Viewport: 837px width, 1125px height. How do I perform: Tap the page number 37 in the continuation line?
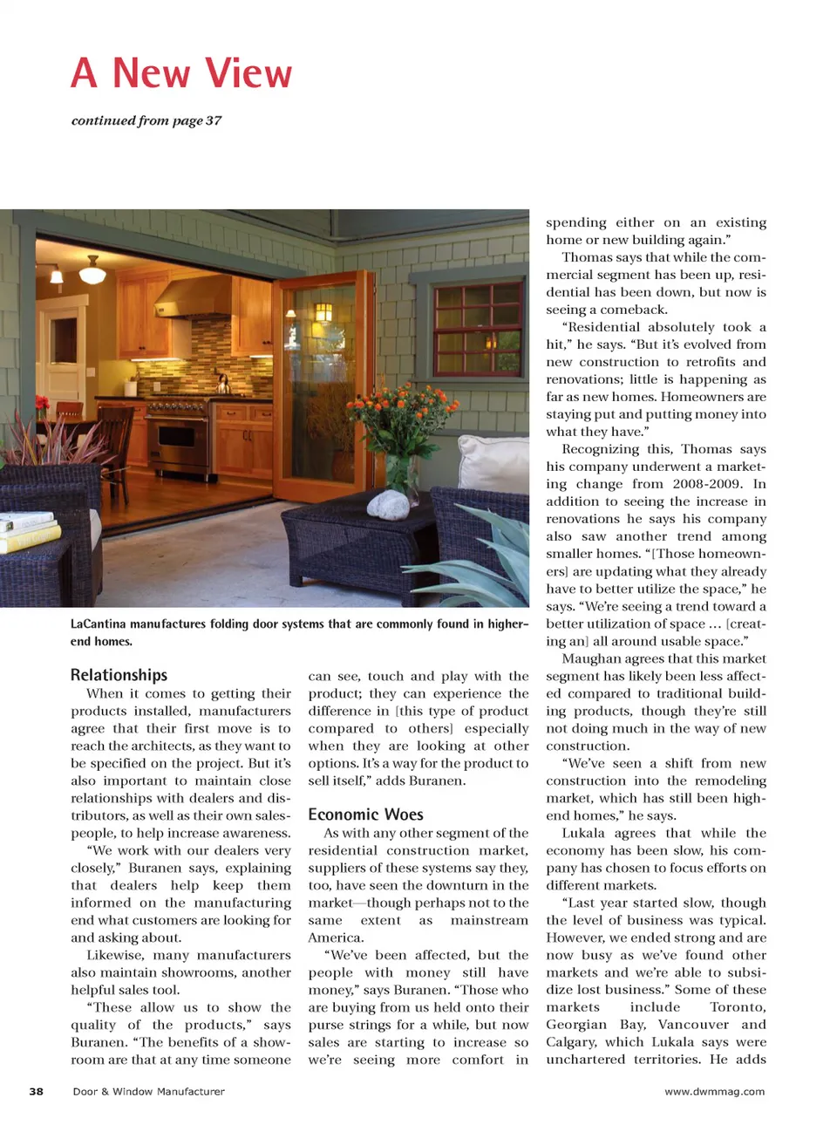214,120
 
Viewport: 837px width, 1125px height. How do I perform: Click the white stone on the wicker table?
390,506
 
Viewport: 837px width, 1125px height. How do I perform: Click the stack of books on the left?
28,532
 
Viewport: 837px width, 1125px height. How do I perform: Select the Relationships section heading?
119,675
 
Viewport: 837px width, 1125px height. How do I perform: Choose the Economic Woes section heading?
365,815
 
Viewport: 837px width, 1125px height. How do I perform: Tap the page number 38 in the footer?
36,1091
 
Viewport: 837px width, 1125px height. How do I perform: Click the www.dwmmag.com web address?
714,1091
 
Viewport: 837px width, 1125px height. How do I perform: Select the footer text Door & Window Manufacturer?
148,1091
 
